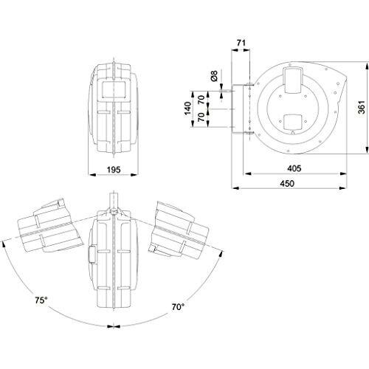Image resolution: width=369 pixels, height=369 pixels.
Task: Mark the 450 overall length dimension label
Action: point(290,184)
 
